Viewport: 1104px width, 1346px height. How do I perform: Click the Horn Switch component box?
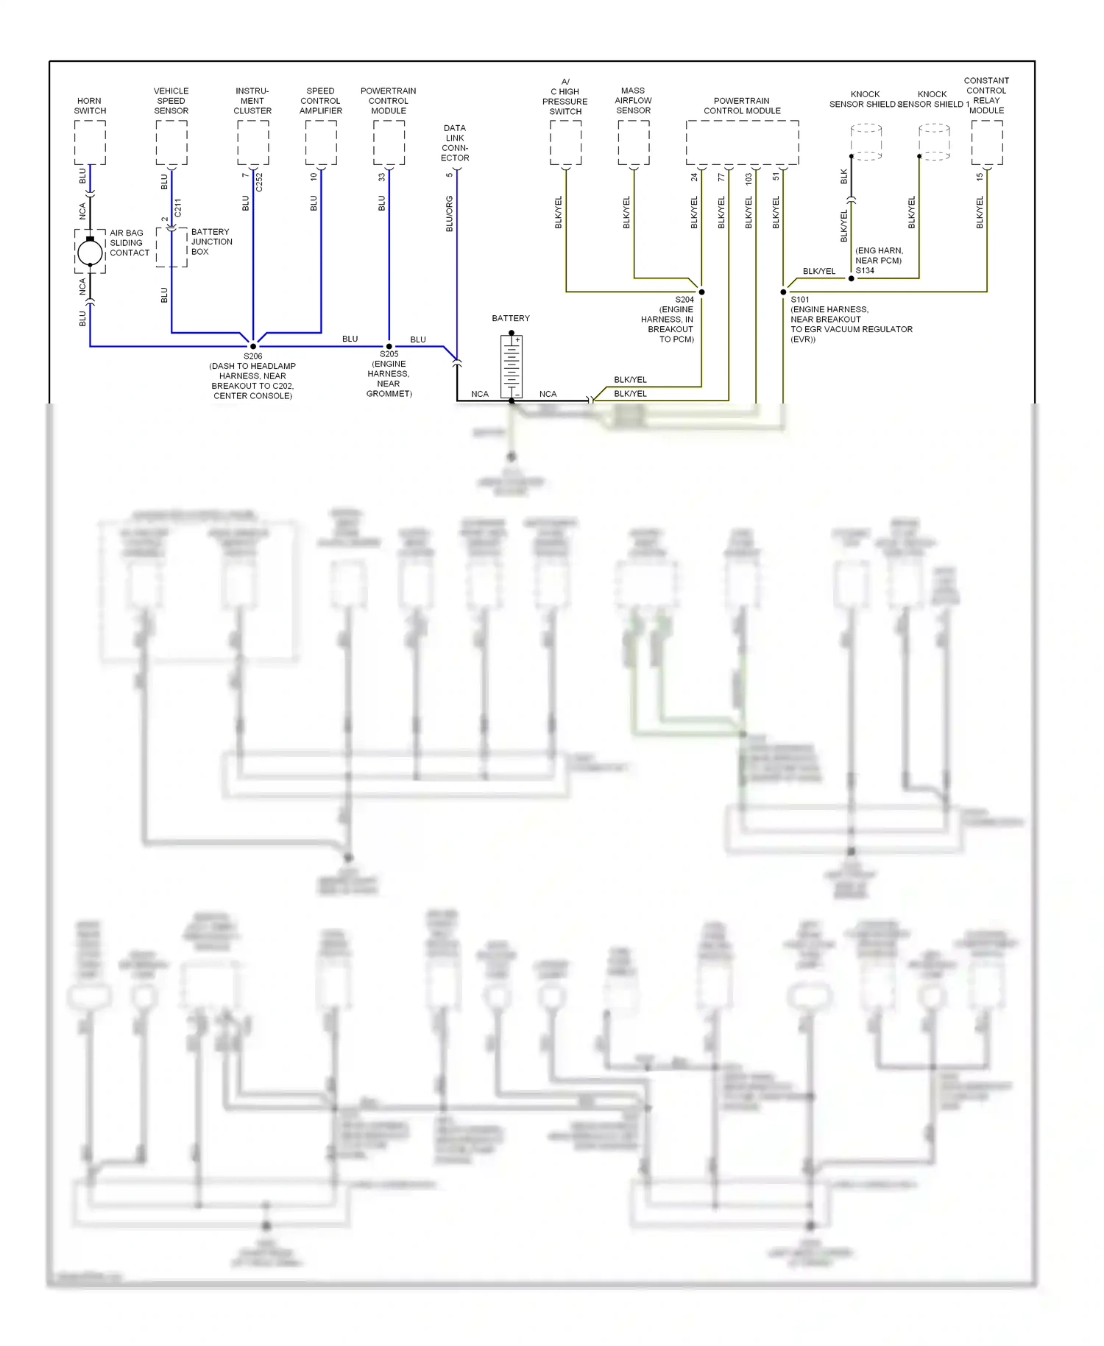pyautogui.click(x=90, y=142)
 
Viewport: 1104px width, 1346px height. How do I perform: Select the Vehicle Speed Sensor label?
pyautogui.click(x=171, y=101)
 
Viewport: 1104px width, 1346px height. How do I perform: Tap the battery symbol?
pyautogui.click(x=512, y=366)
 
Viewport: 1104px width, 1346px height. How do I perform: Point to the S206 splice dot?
pyautogui.click(x=253, y=346)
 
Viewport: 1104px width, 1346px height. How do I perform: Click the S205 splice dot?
pyautogui.click(x=389, y=346)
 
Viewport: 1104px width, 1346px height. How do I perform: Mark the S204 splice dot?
pyautogui.click(x=701, y=292)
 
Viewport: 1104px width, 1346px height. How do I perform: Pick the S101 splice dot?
pyautogui.click(x=783, y=292)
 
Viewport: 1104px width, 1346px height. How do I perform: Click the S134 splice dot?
pyautogui.click(x=852, y=278)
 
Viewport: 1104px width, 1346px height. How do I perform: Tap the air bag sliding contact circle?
pyautogui.click(x=90, y=252)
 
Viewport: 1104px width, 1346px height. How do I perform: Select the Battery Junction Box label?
pyautogui.click(x=211, y=242)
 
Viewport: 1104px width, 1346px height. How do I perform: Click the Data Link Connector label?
pyautogui.click(x=455, y=143)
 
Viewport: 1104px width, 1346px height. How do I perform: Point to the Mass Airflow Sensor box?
pyautogui.click(x=633, y=142)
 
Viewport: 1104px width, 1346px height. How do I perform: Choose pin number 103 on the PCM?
pyautogui.click(x=749, y=178)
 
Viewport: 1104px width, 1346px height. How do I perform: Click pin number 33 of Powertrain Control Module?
pyautogui.click(x=382, y=177)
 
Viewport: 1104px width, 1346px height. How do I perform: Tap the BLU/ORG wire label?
pyautogui.click(x=449, y=214)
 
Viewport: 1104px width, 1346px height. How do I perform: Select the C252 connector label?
pyautogui.click(x=259, y=183)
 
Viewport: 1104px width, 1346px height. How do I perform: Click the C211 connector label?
pyautogui.click(x=177, y=208)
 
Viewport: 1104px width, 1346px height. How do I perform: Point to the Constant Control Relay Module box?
pyautogui.click(x=986, y=142)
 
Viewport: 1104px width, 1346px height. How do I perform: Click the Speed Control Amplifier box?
pyautogui.click(x=321, y=142)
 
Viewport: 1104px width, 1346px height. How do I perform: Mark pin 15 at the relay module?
pyautogui.click(x=980, y=177)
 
